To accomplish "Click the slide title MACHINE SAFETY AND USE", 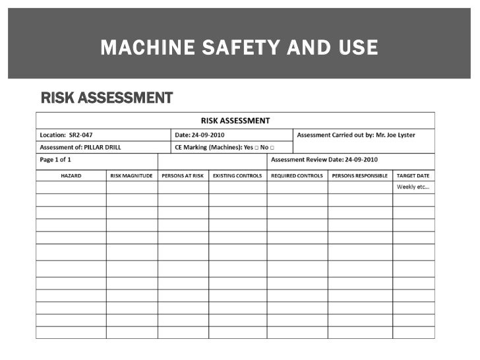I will pos(239,48).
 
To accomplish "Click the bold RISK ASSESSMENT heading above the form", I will pos(107,99).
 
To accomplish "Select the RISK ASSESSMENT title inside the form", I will pos(235,121).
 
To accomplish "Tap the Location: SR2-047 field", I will pos(71,135).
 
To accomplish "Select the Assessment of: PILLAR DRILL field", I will pos(80,147).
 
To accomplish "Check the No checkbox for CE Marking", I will pos(272,148).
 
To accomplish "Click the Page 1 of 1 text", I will pos(56,160).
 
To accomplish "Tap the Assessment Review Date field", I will pos(325,160).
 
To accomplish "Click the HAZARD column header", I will pos(71,176).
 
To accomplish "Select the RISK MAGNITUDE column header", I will pos(132,176).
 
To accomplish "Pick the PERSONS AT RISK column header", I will pos(183,176).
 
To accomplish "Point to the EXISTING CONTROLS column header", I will pos(237,176).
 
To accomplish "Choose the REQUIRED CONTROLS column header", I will pos(297,176).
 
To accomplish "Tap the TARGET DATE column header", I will pos(413,176).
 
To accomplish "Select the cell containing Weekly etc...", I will pos(413,187).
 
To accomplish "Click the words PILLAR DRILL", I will pos(100,147).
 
